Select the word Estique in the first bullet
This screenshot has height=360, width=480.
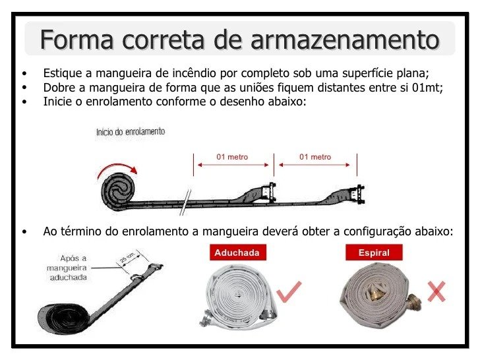pyautogui.click(x=63, y=73)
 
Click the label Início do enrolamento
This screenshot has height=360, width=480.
pyautogui.click(x=131, y=132)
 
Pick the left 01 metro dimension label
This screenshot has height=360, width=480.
pyautogui.click(x=232, y=157)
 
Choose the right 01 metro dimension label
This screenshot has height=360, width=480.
pyautogui.click(x=315, y=157)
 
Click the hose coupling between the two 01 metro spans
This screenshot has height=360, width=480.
pyautogui.click(x=268, y=193)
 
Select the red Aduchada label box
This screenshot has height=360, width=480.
pyautogui.click(x=237, y=253)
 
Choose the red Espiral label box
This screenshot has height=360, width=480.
pyautogui.click(x=374, y=253)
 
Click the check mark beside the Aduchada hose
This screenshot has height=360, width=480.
pyautogui.click(x=289, y=291)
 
